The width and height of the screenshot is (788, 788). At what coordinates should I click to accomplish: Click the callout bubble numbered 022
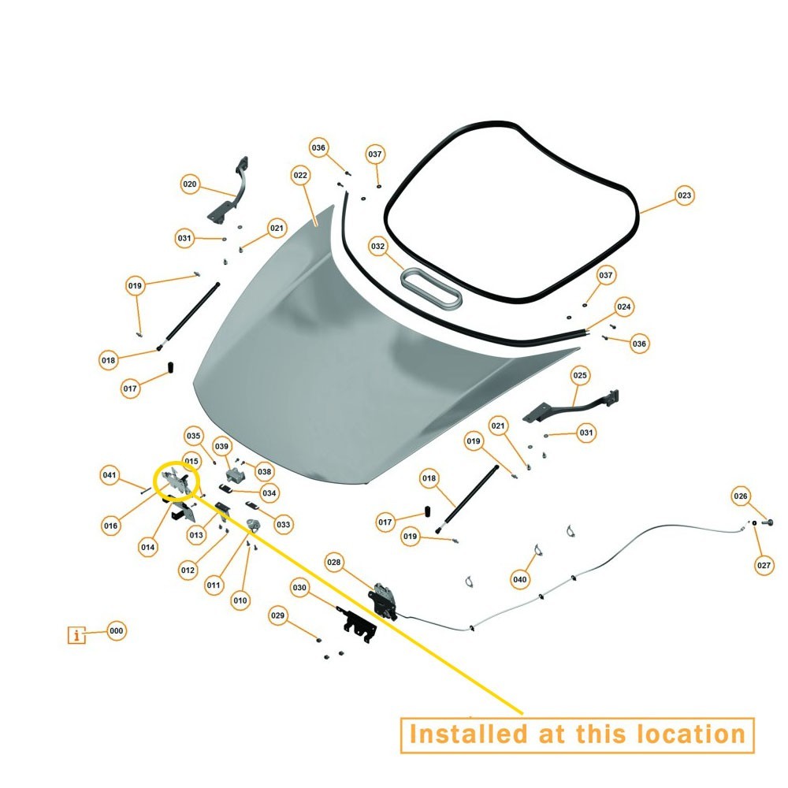click(300, 176)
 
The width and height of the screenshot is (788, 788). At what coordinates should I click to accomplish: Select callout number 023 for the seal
click(684, 195)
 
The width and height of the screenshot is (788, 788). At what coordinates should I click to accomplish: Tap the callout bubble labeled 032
click(377, 246)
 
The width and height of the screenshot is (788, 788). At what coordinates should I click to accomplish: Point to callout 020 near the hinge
click(189, 184)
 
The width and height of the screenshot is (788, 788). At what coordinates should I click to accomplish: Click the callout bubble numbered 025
click(580, 375)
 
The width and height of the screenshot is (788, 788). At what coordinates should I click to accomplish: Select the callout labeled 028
click(333, 563)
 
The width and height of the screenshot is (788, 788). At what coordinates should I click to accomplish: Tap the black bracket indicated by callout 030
click(359, 624)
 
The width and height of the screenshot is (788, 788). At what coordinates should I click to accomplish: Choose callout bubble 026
click(740, 496)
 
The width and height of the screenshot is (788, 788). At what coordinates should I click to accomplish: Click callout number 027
click(764, 565)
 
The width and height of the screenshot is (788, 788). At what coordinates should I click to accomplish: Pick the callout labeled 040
click(519, 579)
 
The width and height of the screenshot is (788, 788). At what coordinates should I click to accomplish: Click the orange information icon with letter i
click(76, 635)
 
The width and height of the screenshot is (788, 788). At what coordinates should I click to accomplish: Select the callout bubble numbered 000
click(116, 630)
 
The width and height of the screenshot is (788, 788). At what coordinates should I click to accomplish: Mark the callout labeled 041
click(109, 475)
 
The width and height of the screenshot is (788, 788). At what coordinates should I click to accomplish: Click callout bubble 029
click(277, 615)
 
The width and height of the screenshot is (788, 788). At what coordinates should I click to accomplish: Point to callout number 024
click(623, 307)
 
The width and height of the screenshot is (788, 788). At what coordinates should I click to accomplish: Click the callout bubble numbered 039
click(221, 446)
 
